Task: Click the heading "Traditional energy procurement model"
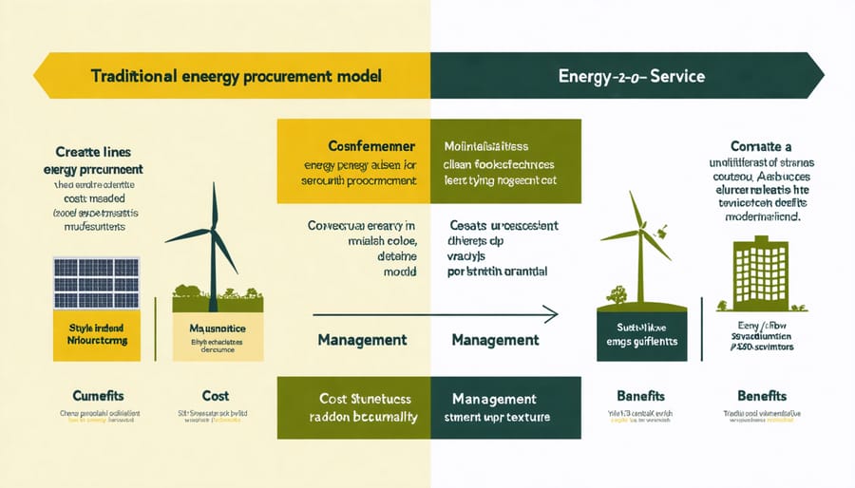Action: click(237, 76)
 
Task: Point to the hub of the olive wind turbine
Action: click(641, 231)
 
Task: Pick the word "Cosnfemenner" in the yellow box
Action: click(352, 148)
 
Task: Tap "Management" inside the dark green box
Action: click(496, 400)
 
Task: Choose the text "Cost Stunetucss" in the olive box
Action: click(353, 400)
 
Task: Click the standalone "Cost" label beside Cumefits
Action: click(217, 394)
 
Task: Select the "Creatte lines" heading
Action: click(92, 151)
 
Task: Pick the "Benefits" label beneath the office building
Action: click(762, 394)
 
